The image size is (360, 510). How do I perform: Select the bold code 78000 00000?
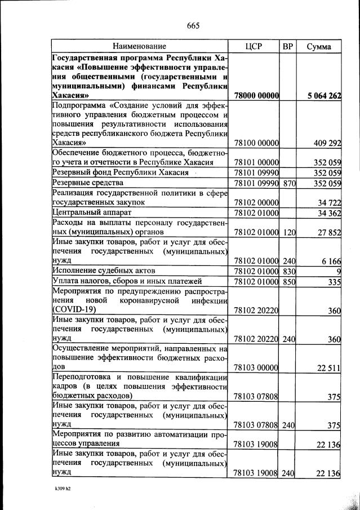pos(257,96)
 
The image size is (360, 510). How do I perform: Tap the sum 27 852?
pos(328,232)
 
